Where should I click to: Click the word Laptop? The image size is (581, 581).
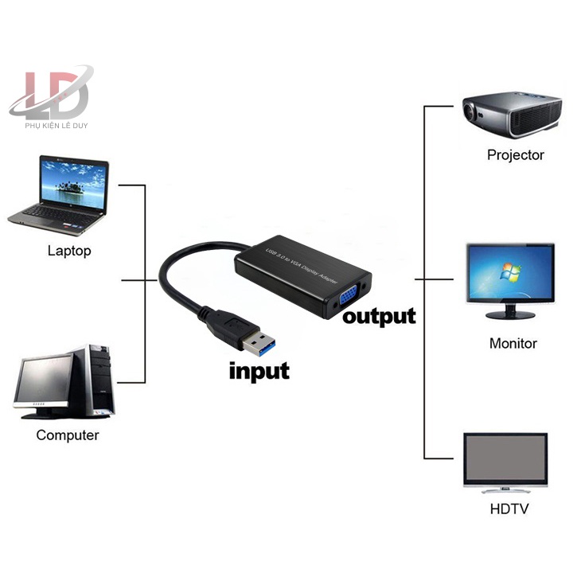(69, 251)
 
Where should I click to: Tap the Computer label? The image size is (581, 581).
(68, 435)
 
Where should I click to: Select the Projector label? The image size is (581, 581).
(516, 155)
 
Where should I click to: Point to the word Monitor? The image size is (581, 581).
(513, 344)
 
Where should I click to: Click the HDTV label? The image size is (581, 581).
(509, 509)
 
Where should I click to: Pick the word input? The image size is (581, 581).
(259, 371)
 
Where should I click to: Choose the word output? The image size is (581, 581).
(379, 316)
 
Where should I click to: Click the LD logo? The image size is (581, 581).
(53, 92)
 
